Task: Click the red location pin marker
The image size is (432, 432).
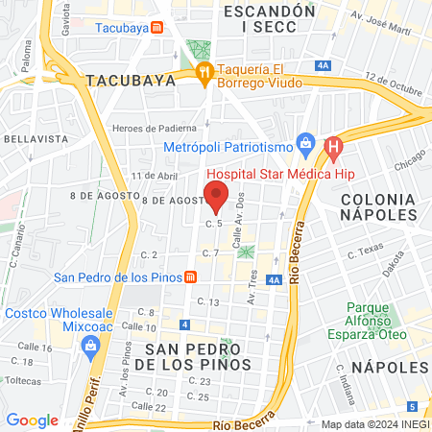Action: tap(216, 198)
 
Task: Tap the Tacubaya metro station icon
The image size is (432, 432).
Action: tap(156, 28)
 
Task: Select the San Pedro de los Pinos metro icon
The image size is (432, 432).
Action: tap(191, 278)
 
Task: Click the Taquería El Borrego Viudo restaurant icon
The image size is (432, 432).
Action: tap(203, 73)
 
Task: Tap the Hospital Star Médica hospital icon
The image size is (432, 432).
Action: tap(334, 148)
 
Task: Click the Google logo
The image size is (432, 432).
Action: tap(32, 420)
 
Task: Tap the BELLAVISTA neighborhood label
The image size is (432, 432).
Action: tap(34, 139)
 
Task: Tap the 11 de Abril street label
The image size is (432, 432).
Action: tap(156, 176)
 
